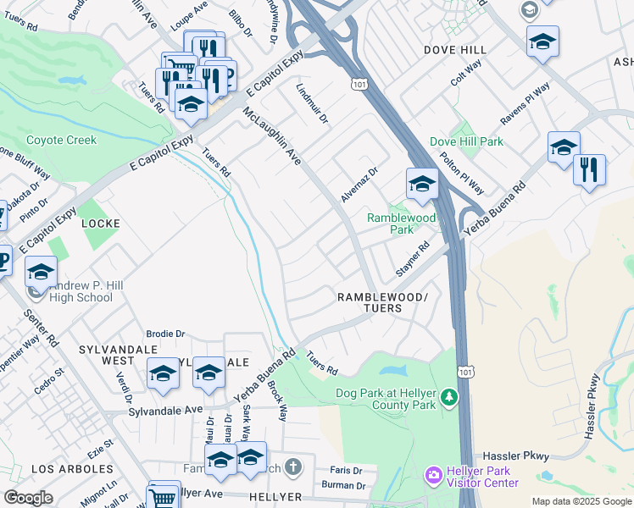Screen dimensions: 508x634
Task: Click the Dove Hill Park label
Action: tap(466, 142)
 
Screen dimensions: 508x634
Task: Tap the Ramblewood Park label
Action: tap(401, 224)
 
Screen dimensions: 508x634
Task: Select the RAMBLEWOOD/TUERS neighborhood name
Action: tap(382, 302)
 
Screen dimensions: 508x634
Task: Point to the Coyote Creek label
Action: tap(61, 141)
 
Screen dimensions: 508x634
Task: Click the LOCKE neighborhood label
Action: tap(100, 224)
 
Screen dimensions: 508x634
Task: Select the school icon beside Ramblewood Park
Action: tap(421, 183)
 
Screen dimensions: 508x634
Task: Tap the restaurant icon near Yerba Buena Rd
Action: tap(589, 169)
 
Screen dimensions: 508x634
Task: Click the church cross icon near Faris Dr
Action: tap(292, 467)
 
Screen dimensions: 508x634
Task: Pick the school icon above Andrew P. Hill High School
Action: tap(39, 273)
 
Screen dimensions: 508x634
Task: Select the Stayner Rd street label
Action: tap(413, 259)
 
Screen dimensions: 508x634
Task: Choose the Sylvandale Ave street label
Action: tap(166, 409)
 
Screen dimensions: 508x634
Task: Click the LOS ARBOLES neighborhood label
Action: tap(72, 468)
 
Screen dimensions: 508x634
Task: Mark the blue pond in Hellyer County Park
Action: tap(393, 371)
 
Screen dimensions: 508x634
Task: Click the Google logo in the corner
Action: tap(29, 498)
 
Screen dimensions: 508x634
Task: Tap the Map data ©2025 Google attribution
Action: tap(581, 501)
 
